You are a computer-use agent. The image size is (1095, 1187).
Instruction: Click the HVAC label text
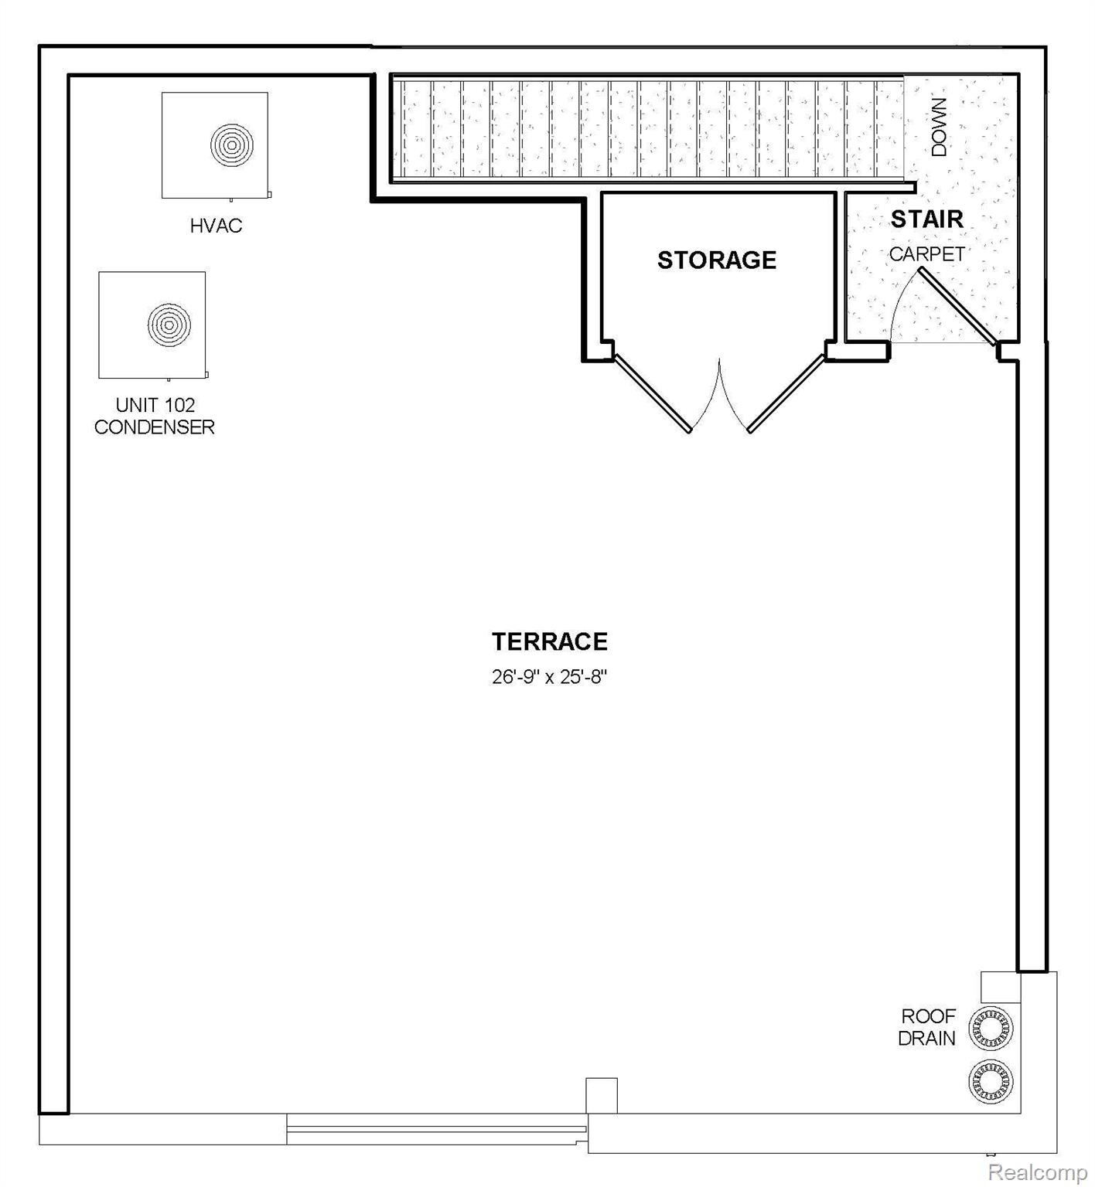coord(217,226)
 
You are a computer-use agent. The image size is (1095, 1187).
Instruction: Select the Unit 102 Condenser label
coord(155,416)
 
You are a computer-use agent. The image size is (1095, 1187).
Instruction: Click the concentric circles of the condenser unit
coord(169,324)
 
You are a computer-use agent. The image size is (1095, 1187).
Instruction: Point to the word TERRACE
coord(550,641)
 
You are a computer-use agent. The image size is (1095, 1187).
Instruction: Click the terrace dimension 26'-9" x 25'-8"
coord(550,678)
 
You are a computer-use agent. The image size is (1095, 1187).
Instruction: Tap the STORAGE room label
coord(717,260)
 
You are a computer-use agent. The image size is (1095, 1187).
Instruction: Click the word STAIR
coord(927,219)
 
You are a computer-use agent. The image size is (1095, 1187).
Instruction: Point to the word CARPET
coord(927,254)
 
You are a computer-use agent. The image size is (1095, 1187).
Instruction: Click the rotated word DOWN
coord(939,128)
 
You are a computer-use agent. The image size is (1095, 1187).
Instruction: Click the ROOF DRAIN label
coord(928,1027)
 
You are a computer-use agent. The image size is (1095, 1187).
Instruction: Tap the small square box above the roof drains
coord(1001,987)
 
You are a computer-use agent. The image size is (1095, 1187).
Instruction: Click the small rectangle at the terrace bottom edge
coord(602,1096)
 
